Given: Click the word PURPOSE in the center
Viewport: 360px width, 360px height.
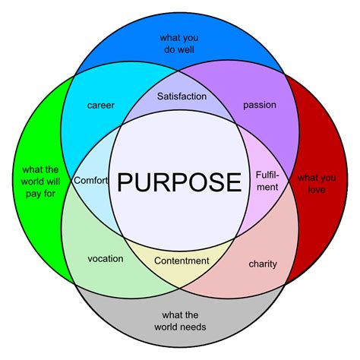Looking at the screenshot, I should pos(179,182).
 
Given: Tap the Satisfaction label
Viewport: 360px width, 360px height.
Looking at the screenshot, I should pos(181,96).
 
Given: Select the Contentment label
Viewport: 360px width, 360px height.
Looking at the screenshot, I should pos(181,261).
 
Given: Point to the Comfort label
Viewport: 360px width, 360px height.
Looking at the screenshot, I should pos(91,181).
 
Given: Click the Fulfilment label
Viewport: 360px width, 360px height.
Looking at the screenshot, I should pos(267,181).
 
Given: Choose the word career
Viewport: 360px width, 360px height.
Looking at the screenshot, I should pos(101,105).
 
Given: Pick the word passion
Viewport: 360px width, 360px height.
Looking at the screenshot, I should pos(260,105).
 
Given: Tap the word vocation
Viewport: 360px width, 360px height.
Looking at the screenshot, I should pos(106,258).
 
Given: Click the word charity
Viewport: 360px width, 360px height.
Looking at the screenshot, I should pos(263,264).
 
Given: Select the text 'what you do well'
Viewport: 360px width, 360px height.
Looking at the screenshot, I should pos(179,44).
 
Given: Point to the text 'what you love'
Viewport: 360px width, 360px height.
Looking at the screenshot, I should pos(311,184).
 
